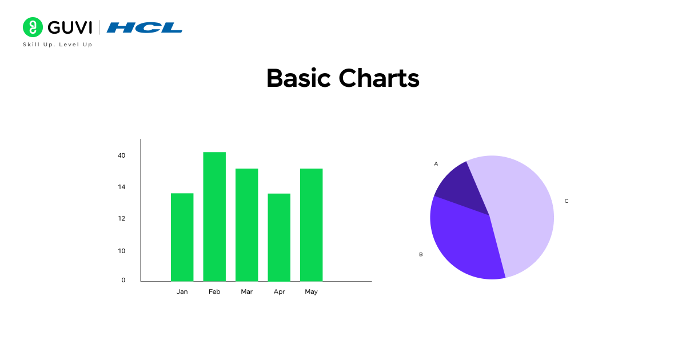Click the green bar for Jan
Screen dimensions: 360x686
pos(182,237)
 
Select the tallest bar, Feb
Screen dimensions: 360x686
pos(214,217)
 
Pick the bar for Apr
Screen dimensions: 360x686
pos(279,237)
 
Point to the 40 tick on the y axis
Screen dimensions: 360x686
pos(121,155)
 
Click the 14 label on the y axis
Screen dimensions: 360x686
pos(121,187)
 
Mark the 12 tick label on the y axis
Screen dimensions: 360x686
pos(121,218)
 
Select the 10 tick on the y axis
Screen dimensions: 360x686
pos(121,250)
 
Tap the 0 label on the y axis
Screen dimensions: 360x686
pos(123,280)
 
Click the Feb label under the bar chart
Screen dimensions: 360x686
pos(214,291)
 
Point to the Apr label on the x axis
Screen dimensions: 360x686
pos(279,291)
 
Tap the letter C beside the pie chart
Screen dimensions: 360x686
pos(567,201)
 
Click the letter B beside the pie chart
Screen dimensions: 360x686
pos(421,254)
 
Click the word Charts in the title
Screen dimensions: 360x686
pos(379,78)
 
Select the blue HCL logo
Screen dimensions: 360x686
pos(145,27)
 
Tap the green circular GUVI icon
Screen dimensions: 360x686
pos(33,27)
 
